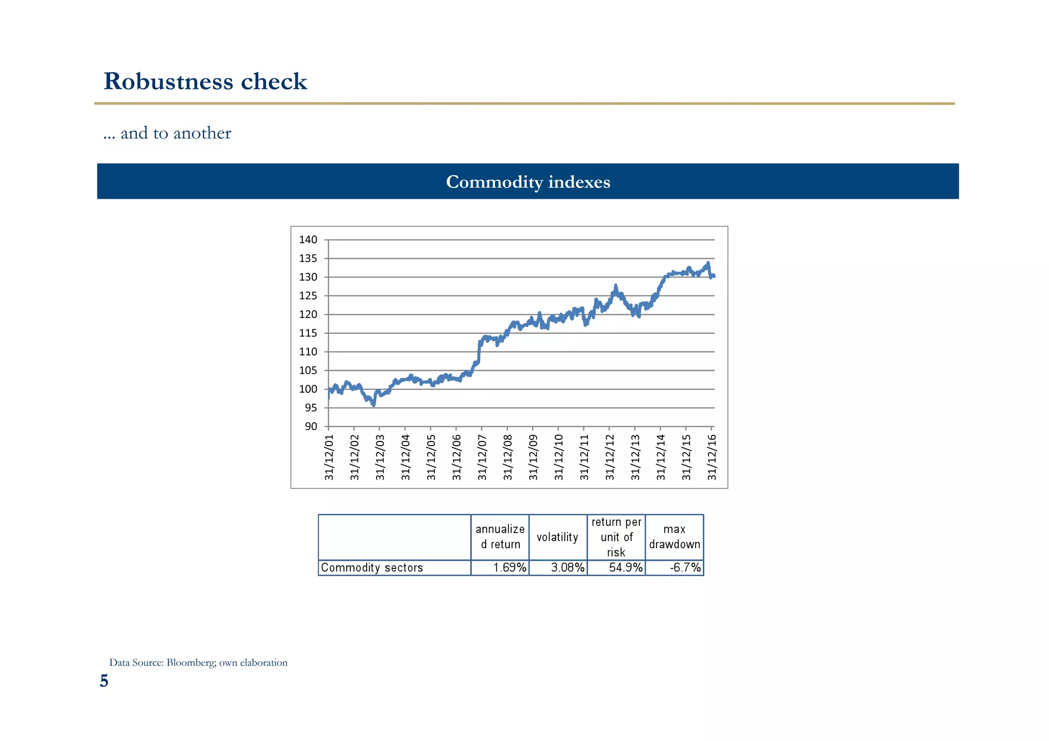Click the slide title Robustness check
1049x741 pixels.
(x=205, y=81)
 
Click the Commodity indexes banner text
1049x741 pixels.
(x=528, y=182)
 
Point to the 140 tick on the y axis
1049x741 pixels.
(x=308, y=240)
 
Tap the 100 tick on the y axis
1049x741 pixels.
(x=308, y=389)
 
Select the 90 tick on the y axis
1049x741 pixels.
(x=311, y=427)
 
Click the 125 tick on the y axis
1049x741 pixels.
(x=308, y=296)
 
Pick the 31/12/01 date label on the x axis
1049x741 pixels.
(x=329, y=457)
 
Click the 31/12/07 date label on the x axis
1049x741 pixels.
(x=482, y=457)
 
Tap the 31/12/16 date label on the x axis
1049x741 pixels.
(x=712, y=457)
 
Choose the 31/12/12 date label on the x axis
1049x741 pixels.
(x=610, y=457)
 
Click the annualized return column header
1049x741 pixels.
(x=500, y=537)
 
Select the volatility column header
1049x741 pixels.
(x=557, y=537)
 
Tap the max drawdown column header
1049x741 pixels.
(x=674, y=537)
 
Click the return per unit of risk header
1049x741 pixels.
(x=616, y=537)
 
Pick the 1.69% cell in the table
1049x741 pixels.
(x=510, y=567)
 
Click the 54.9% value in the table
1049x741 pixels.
(x=625, y=567)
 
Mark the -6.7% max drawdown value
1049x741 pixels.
(x=685, y=567)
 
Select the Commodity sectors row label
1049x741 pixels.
(x=372, y=567)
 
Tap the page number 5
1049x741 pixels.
(x=104, y=682)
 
